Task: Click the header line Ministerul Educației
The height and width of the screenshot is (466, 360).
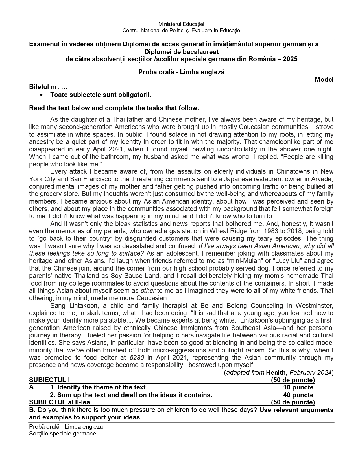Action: tap(181, 24)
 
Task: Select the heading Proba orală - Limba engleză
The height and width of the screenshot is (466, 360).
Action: tap(181, 72)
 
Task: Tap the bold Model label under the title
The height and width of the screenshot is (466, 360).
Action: tap(324, 80)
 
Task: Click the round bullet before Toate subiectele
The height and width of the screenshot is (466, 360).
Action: tap(42, 95)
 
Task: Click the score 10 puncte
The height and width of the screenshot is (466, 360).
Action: tap(298, 387)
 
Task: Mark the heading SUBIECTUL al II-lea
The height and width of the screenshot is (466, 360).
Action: tap(60, 402)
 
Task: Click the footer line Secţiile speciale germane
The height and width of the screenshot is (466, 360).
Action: tap(63, 434)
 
